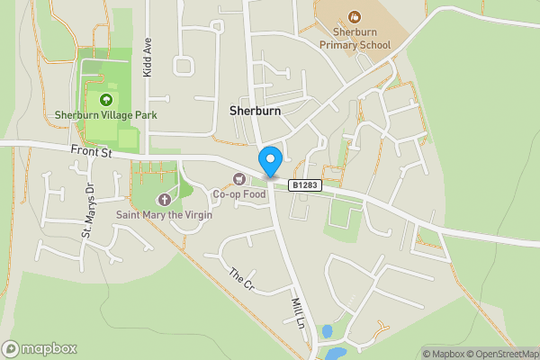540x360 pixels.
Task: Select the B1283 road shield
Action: [x=305, y=184]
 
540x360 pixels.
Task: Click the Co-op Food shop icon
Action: [x=238, y=178]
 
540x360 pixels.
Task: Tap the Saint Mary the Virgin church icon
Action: [x=164, y=199]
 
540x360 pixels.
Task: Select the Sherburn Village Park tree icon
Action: [x=106, y=99]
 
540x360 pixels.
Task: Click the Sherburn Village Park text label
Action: [x=105, y=114]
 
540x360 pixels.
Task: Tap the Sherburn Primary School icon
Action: [x=354, y=16]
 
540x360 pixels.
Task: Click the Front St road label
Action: [x=92, y=154]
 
